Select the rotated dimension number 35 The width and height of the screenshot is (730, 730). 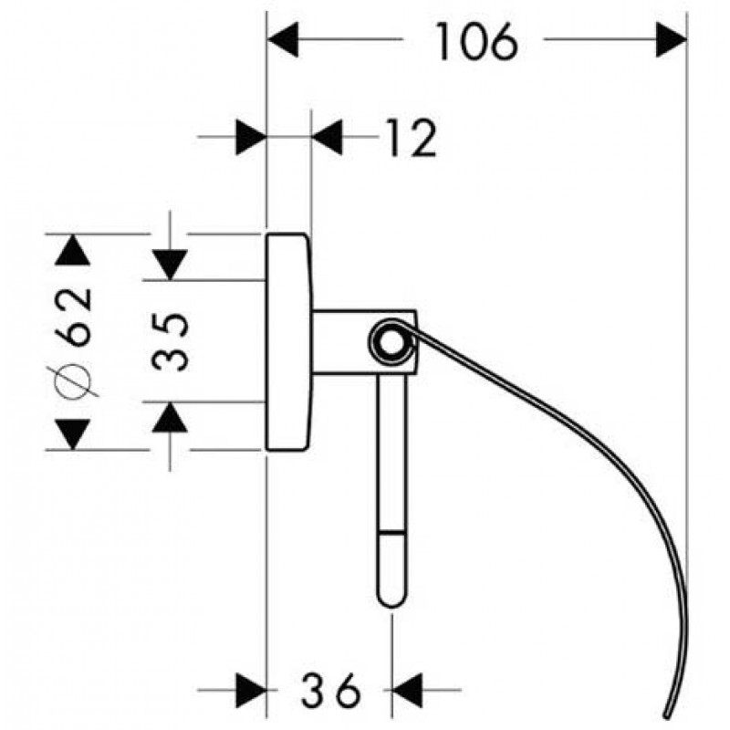coord(171,341)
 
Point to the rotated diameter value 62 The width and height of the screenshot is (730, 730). coord(73,317)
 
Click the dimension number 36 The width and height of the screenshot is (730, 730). coord(330,690)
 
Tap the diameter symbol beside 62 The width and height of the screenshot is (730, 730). coord(73,381)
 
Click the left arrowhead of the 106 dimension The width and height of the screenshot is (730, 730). coord(283,39)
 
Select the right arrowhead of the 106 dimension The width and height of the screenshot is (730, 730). coord(671,39)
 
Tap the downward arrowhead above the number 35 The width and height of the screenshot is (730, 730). coord(170,265)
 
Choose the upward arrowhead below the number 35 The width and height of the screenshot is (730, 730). coord(170,417)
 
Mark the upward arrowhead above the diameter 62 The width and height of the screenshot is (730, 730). coord(73,249)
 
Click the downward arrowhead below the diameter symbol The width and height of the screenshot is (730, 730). coord(73,434)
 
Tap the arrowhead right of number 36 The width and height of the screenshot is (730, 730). coord(407,690)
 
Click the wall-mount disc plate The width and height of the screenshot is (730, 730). coord(288,341)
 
